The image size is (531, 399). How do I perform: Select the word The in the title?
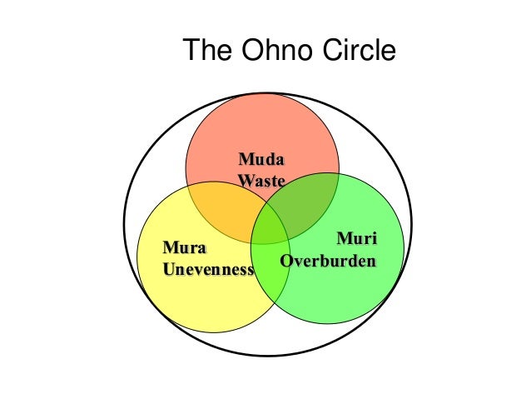209,52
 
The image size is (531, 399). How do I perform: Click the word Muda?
261,158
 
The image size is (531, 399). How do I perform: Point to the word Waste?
261,179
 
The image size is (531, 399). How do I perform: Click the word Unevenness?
208,268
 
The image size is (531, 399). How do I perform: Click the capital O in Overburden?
286,260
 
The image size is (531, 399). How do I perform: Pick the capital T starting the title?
191,52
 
